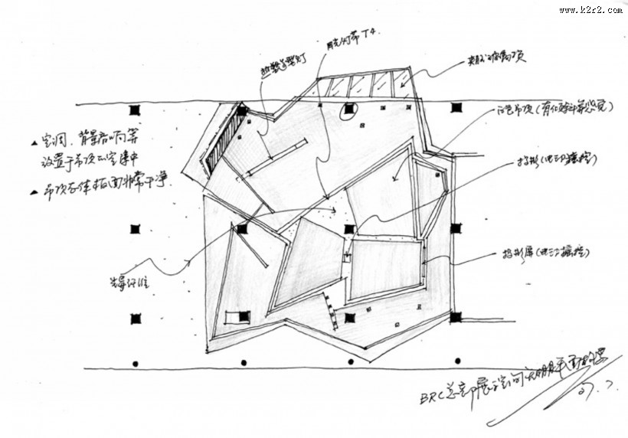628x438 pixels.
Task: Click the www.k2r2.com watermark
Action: (590, 10)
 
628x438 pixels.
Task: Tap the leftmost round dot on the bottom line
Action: (136, 362)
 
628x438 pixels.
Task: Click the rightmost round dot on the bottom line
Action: (457, 362)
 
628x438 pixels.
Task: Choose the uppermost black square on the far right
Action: (456, 109)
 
